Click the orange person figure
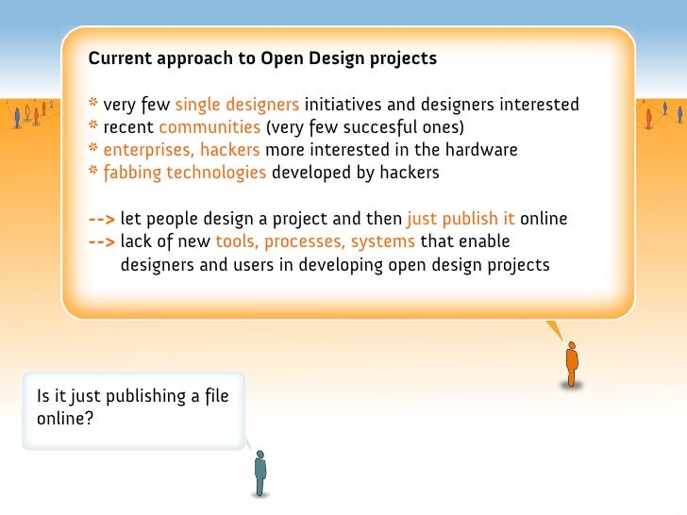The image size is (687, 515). click(571, 364)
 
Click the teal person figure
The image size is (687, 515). click(260, 472)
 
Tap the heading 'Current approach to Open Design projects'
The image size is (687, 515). click(262, 58)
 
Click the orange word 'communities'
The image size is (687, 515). click(209, 127)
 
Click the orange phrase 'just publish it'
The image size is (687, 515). click(461, 220)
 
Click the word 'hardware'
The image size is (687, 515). click(484, 150)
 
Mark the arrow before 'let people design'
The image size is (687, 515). click(102, 220)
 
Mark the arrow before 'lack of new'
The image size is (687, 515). click(102, 242)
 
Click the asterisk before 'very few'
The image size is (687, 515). click(93, 104)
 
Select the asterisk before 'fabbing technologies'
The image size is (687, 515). click(93, 172)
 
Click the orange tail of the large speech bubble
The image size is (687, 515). click(555, 330)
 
